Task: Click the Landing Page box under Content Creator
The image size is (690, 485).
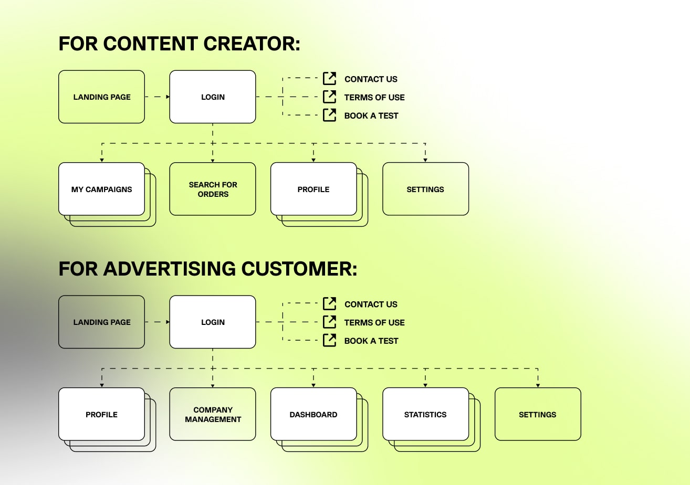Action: click(101, 97)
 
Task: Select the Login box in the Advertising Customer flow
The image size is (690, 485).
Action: click(213, 322)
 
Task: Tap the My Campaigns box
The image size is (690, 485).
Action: click(101, 189)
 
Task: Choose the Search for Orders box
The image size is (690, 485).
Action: click(213, 189)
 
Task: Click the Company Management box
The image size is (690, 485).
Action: click(213, 414)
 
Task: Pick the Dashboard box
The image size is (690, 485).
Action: click(313, 414)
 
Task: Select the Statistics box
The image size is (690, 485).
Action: click(425, 414)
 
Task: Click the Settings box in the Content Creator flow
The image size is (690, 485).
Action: click(425, 189)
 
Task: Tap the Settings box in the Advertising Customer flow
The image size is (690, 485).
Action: click(538, 414)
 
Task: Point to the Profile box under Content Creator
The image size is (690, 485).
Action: click(313, 189)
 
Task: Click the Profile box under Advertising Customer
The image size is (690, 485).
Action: click(101, 414)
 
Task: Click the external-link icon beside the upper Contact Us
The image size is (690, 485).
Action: click(329, 79)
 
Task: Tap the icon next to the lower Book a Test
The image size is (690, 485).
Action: click(329, 340)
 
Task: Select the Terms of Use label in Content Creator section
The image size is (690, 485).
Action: click(374, 97)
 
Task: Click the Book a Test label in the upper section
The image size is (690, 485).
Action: click(371, 115)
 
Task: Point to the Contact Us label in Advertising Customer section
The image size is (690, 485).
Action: click(371, 304)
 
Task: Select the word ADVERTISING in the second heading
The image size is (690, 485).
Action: click(169, 269)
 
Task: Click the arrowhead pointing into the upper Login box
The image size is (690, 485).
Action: click(168, 97)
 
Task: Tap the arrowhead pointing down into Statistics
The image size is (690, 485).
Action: click(425, 385)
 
